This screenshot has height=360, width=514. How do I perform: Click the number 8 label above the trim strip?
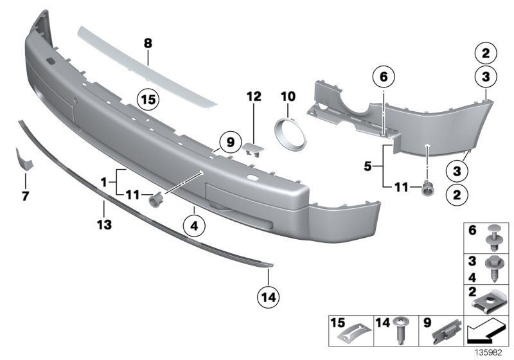tap(148, 44)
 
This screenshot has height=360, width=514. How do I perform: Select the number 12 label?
tap(254, 97)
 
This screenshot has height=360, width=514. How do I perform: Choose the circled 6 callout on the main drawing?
tap(383, 78)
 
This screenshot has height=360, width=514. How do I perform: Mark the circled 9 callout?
tap(227, 140)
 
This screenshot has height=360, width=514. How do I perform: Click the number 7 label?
tap(25, 194)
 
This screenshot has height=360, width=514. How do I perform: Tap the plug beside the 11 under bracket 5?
tap(426, 189)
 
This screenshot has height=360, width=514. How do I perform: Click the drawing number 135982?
tap(490, 353)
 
